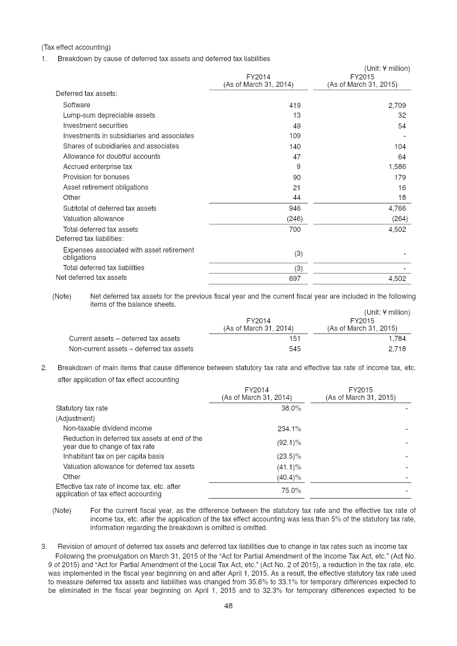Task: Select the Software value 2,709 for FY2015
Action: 396,105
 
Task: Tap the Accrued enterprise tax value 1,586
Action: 396,167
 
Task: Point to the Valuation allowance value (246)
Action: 293,219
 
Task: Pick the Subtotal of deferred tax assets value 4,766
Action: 396,208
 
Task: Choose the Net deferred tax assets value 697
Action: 294,278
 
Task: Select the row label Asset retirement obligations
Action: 105,187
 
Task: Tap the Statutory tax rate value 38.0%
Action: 291,408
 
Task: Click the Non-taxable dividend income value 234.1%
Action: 289,428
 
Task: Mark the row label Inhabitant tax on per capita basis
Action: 113,456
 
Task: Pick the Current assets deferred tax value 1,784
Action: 396,339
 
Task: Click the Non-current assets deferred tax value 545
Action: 294,349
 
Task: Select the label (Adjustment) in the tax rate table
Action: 75,419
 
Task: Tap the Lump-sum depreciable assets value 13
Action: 296,115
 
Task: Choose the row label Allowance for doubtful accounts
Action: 111,157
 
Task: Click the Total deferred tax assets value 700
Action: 294,230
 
